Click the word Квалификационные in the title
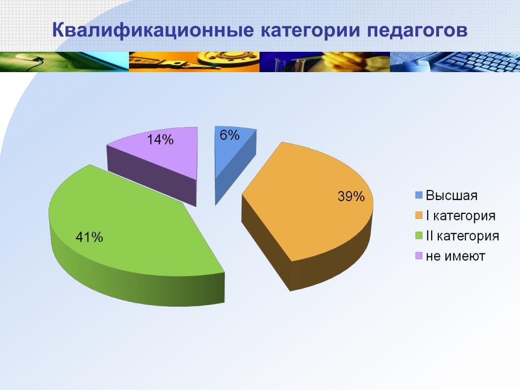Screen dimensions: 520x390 [153, 30]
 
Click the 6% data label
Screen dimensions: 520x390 [230, 135]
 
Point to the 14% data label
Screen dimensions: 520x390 [160, 140]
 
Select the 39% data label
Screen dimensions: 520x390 [351, 197]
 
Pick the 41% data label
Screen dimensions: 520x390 [89, 237]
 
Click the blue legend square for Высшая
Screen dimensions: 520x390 [419, 195]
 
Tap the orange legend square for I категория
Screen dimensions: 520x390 [419, 215]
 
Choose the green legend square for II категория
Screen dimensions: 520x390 [419, 236]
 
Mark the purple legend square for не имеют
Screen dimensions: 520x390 [419, 256]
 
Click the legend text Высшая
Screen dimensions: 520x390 [451, 196]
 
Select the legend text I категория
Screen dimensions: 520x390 [461, 216]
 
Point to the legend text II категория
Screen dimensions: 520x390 [462, 236]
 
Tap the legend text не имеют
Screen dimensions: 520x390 [456, 256]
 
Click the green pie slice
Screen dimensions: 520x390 [133, 232]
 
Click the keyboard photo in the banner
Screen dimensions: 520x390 [455, 61]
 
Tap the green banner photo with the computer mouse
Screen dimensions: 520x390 [64, 61]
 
